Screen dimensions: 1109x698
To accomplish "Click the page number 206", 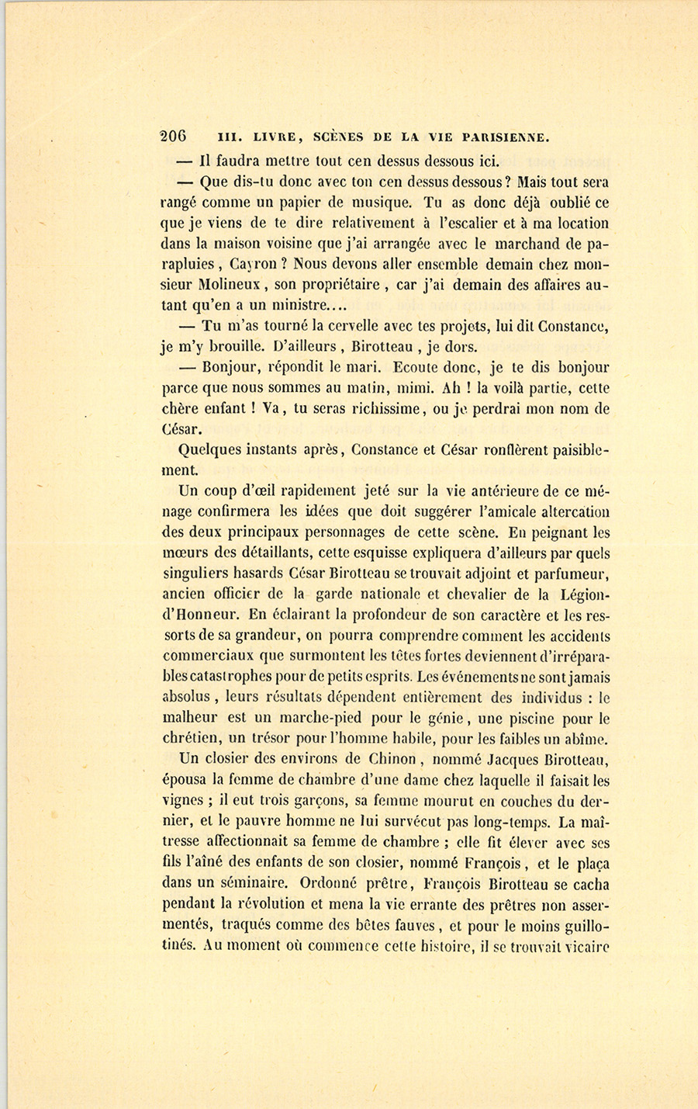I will [173, 135].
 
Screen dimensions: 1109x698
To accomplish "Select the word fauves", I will [408, 924].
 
